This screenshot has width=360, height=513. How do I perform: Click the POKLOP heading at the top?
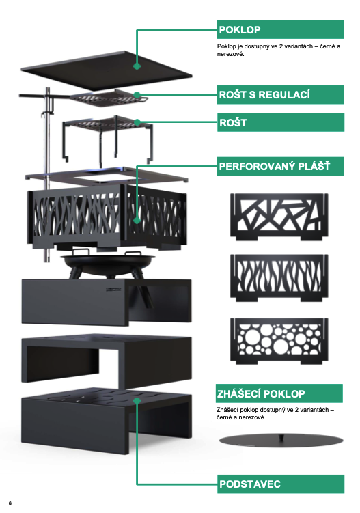[240, 30]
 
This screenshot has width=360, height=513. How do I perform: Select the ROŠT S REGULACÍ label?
[264, 95]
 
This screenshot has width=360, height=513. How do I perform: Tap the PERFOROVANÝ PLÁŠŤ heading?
[274, 166]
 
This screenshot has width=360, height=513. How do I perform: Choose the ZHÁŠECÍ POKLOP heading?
[261, 393]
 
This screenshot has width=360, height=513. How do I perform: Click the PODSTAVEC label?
[250, 484]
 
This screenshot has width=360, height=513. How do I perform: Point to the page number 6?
[10, 503]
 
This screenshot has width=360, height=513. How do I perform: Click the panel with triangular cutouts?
[279, 217]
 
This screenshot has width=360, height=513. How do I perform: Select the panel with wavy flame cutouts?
[279, 278]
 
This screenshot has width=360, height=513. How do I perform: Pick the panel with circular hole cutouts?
[279, 341]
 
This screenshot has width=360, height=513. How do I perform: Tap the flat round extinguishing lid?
[281, 441]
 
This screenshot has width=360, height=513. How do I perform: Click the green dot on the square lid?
[137, 66]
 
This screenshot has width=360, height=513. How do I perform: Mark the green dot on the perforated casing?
[137, 220]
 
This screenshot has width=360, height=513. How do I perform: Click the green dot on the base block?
[137, 400]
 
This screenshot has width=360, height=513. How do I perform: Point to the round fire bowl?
[107, 262]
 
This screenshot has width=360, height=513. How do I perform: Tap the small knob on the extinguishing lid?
[281, 436]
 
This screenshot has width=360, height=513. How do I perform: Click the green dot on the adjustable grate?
[137, 95]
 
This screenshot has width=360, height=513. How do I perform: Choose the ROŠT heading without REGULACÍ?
[233, 123]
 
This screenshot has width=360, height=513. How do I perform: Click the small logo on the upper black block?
[113, 289]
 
